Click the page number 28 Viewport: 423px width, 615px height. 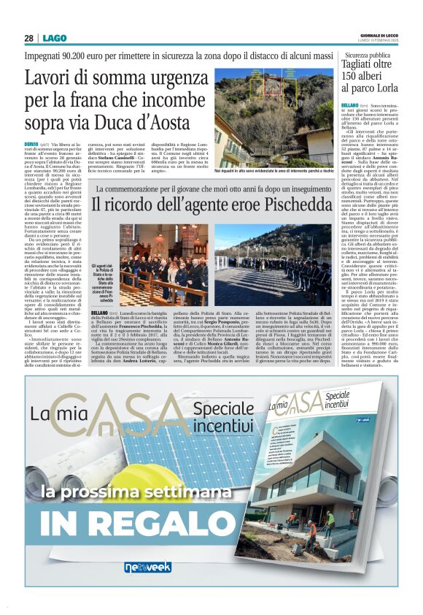(x=28, y=38)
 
